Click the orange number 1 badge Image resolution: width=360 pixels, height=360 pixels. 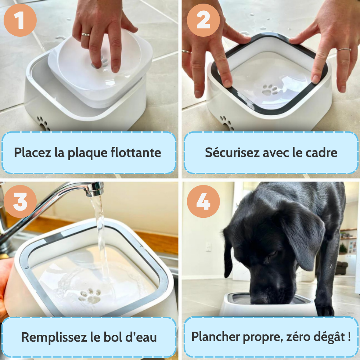coord(20,20)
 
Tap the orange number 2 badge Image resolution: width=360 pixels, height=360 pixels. coord(203,20)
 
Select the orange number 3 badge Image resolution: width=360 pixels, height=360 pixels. coord(20,201)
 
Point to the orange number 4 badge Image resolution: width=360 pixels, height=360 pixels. coord(203,201)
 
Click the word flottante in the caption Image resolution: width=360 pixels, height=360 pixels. coord(136,152)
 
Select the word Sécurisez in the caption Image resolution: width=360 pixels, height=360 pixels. coord(232,152)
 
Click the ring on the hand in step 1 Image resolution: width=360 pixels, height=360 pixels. coord(86,35)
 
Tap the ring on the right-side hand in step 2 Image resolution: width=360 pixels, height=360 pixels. coord(344,50)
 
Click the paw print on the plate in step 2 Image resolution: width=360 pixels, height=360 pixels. coord(270,90)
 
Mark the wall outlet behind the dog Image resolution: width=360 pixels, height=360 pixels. coord(208,247)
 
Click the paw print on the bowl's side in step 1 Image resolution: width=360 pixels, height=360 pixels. coord(44,123)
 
